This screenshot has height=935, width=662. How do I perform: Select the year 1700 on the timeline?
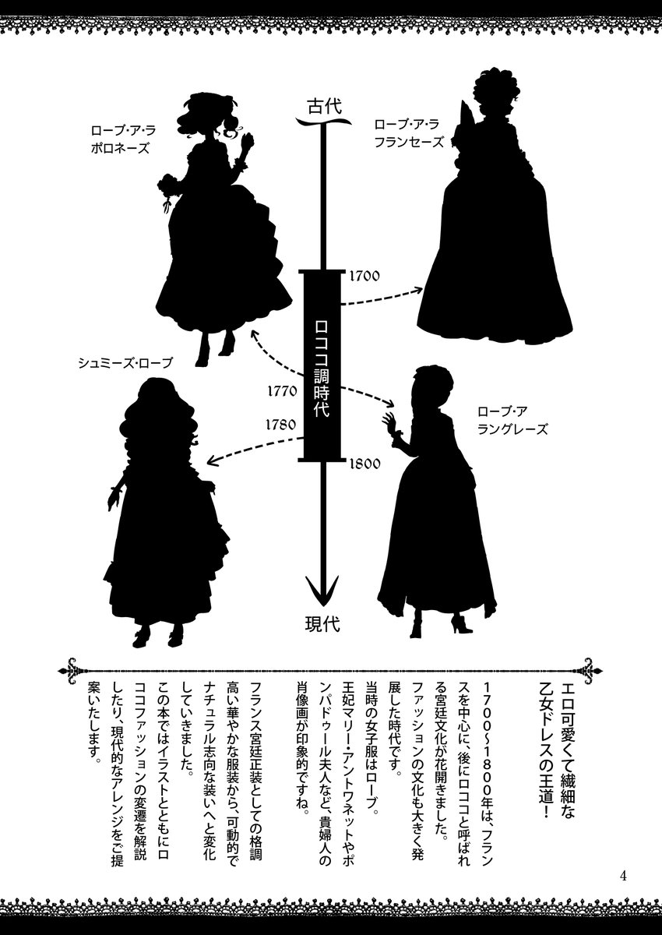(x=364, y=276)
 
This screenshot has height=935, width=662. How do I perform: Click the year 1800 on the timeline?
(x=364, y=464)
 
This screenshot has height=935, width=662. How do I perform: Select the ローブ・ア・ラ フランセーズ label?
(x=408, y=132)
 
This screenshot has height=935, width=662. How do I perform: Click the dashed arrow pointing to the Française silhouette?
(x=382, y=296)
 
